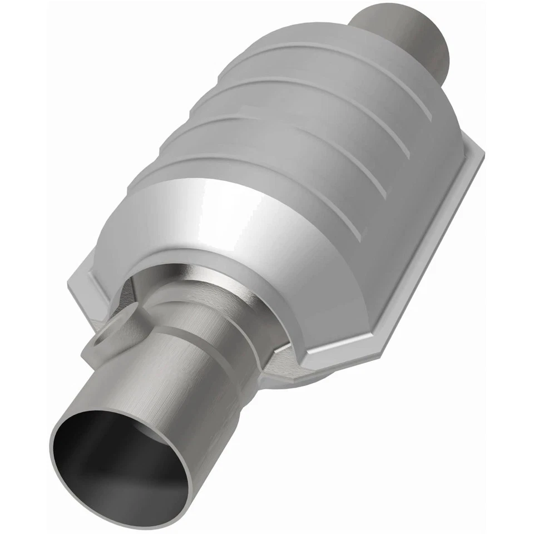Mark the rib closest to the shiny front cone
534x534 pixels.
pyautogui.click(x=234, y=167)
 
